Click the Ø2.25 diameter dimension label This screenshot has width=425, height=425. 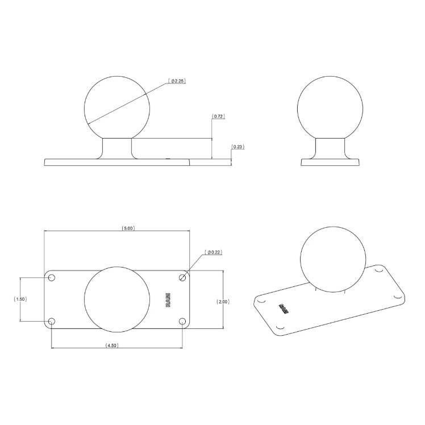(177, 81)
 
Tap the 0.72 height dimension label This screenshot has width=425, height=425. (218, 116)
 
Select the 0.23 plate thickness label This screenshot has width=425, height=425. (238, 147)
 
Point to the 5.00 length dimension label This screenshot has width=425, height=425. (128, 228)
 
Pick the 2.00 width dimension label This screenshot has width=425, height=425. (223, 302)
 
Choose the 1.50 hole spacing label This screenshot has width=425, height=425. (20, 299)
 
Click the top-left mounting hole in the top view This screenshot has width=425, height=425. (52, 278)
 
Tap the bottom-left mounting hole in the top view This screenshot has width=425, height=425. (52, 322)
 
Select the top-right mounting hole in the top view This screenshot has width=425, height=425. (182, 277)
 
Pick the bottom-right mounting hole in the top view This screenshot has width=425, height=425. (182, 322)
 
